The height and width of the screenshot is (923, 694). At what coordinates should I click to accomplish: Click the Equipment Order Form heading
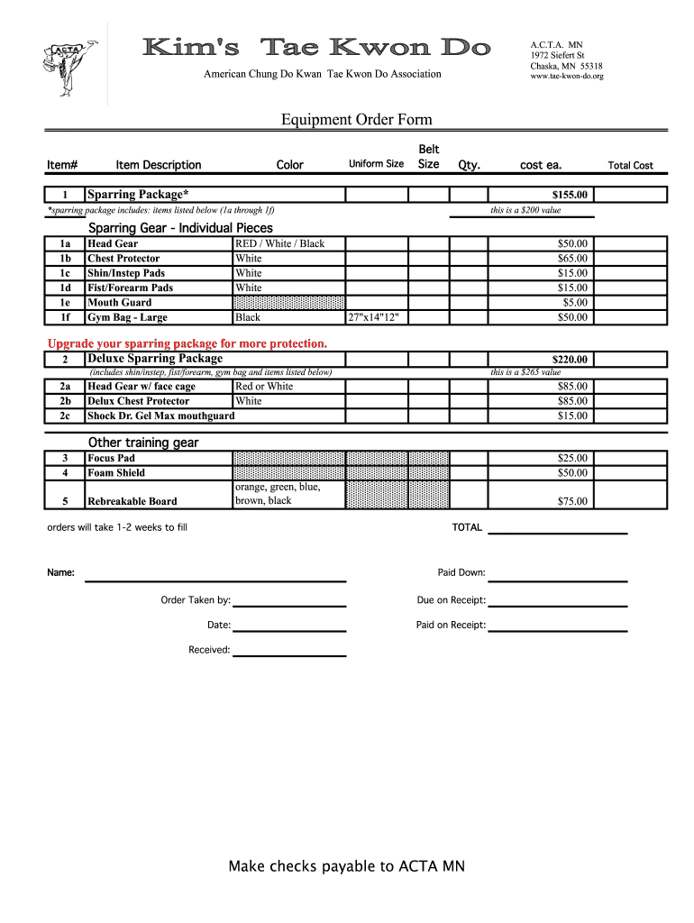click(x=356, y=120)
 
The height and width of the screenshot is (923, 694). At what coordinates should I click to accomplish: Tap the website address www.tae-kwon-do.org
click(x=566, y=77)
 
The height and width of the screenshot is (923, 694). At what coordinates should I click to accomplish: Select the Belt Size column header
click(x=429, y=157)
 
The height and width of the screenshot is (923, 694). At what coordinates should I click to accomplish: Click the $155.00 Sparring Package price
click(x=570, y=195)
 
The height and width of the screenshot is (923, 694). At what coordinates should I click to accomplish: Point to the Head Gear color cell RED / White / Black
click(x=279, y=243)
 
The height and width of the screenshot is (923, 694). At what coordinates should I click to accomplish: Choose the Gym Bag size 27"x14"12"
click(x=373, y=317)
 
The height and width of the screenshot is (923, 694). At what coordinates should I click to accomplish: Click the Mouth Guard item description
click(x=120, y=303)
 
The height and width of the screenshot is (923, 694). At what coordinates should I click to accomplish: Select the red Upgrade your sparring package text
click(x=187, y=343)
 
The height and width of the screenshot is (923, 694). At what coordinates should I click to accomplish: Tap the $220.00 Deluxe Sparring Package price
click(x=570, y=360)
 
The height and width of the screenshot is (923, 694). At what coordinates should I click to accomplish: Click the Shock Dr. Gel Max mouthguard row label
click(x=160, y=416)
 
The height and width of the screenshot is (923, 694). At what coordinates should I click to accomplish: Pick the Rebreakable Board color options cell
click(x=278, y=494)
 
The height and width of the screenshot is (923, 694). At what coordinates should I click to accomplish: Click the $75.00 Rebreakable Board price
click(x=572, y=501)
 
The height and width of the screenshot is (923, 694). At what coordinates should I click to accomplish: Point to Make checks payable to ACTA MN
click(x=347, y=867)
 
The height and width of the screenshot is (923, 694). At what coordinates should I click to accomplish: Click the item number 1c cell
click(x=65, y=273)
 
